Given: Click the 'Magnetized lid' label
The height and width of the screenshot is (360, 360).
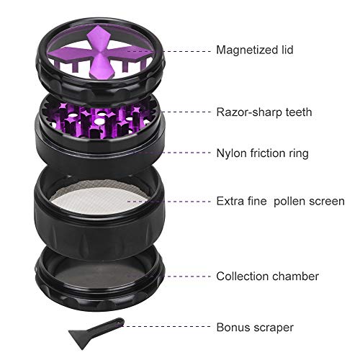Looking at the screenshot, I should (x=254, y=50).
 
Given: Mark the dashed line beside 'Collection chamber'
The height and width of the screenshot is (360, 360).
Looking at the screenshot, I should (x=188, y=276).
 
